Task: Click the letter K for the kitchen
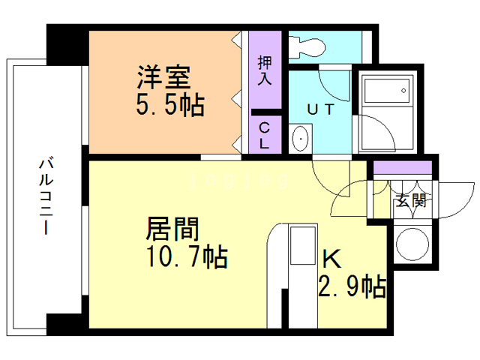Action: point(331,259)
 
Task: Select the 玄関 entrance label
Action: point(409,200)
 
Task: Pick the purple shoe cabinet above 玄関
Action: point(403,167)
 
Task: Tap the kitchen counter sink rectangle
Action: point(303,247)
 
